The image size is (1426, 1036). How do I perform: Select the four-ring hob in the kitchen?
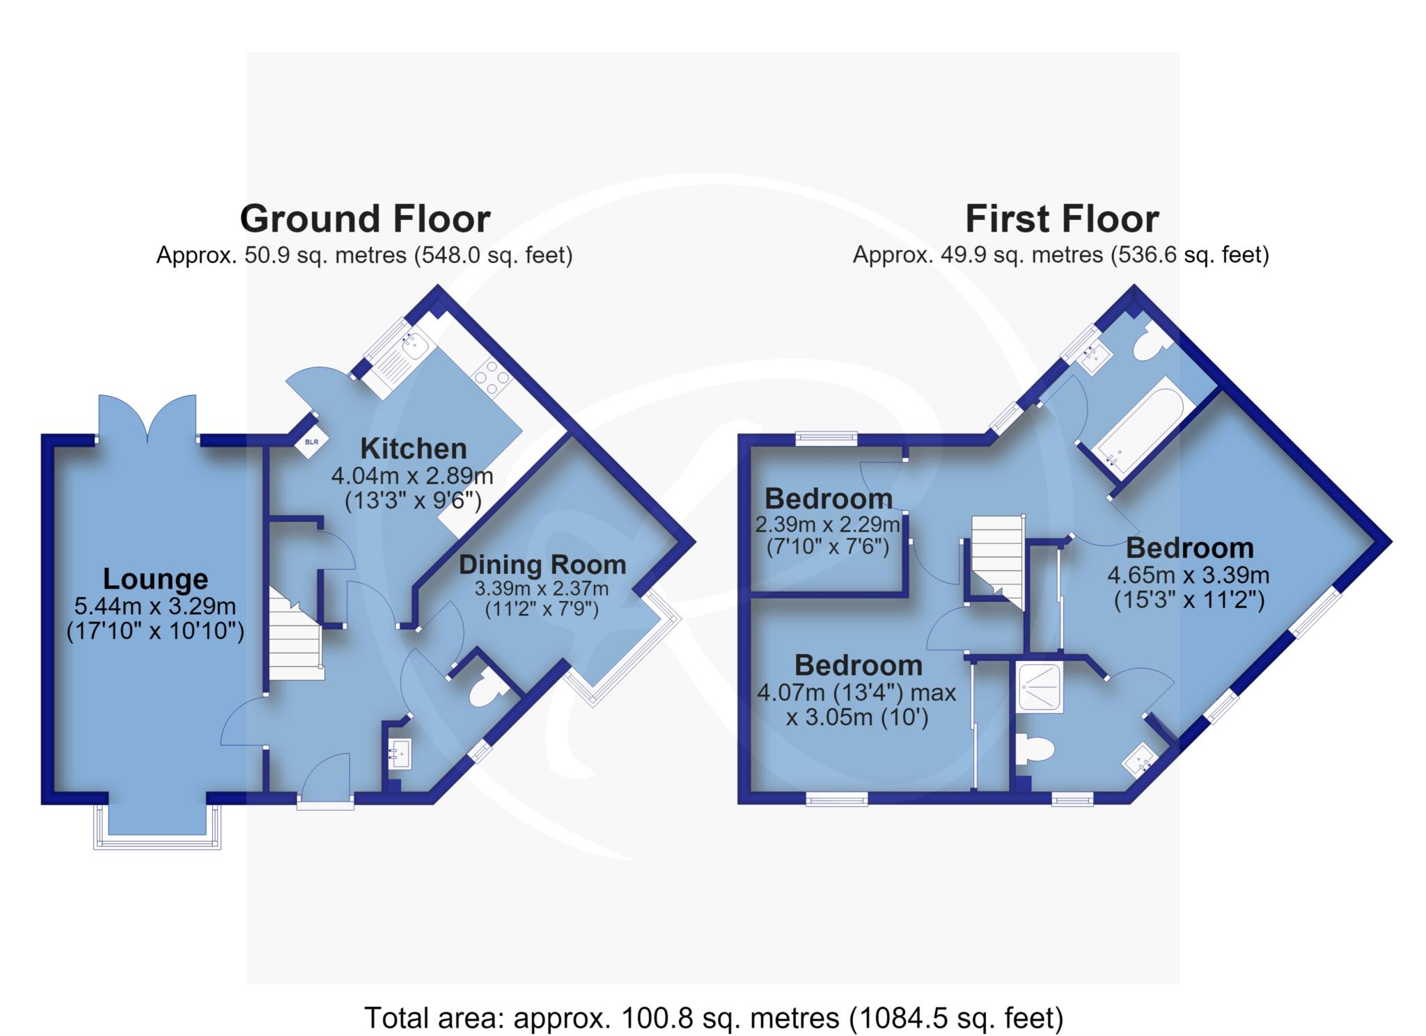click(x=490, y=378)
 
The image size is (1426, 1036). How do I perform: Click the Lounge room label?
click(x=155, y=579)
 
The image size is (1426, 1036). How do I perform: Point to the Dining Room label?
click(x=542, y=564)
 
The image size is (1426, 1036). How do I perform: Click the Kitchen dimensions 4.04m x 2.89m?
click(x=412, y=477)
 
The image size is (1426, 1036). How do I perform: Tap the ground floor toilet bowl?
click(x=487, y=691)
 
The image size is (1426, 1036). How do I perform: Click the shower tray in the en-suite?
click(x=1040, y=687)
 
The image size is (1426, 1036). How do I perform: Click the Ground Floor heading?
click(x=365, y=218)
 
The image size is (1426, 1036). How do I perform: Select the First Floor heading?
click(x=1062, y=219)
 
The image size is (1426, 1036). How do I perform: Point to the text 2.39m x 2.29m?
click(x=828, y=523)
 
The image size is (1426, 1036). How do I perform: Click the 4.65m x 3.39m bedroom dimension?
click(x=1189, y=575)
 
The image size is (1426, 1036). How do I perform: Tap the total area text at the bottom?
click(x=714, y=1018)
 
